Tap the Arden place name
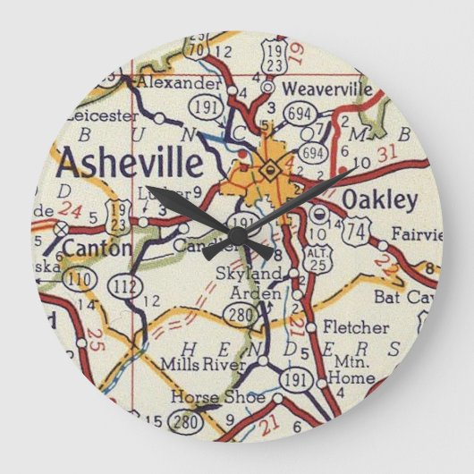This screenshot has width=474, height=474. point(263,292)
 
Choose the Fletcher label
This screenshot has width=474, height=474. point(356,327)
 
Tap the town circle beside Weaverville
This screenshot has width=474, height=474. point(267,88)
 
